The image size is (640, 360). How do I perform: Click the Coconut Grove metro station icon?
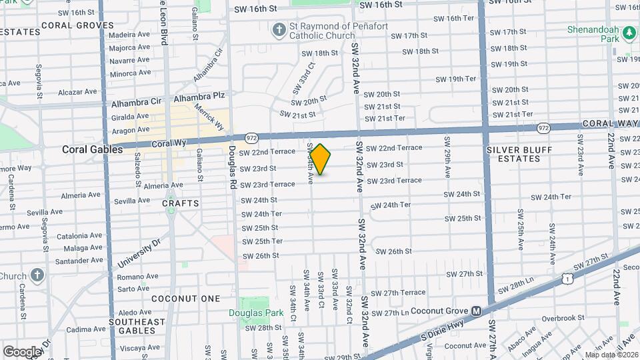click(x=477, y=311)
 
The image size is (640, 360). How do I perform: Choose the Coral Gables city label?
click(x=92, y=149)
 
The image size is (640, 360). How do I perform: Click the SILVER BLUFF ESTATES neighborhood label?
click(x=522, y=154)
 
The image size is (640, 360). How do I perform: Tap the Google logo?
click(x=22, y=351)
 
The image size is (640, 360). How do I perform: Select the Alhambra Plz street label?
click(x=199, y=97)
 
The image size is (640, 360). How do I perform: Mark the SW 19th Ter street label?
click(x=457, y=79)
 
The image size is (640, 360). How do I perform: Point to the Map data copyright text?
click(x=611, y=355)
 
